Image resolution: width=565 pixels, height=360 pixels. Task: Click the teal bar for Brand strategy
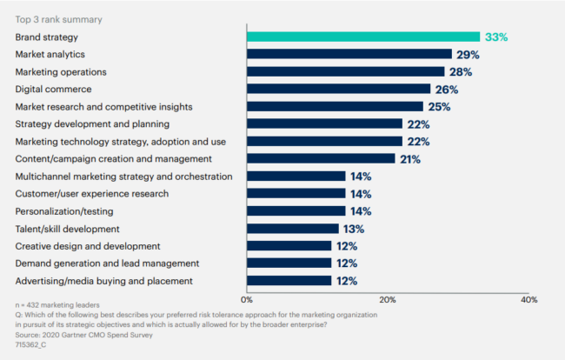[x=363, y=37]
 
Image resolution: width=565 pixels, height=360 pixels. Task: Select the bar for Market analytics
[x=349, y=54]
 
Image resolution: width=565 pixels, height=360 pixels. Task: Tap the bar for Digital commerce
[x=339, y=89]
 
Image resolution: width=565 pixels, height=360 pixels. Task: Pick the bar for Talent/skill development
[x=293, y=228]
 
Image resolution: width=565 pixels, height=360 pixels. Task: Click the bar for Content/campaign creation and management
[x=321, y=158]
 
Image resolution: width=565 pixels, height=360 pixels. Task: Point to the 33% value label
[x=496, y=37]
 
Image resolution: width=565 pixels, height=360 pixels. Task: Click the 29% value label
[x=468, y=54]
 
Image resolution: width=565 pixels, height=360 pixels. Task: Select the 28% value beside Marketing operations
[x=461, y=71]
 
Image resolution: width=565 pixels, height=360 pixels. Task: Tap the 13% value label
[x=355, y=228]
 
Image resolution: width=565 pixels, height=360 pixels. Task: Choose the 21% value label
[x=411, y=158]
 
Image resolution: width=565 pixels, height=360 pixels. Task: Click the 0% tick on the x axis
[x=248, y=299]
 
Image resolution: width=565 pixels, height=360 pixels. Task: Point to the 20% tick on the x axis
[x=388, y=299]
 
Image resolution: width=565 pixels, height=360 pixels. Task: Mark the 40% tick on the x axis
[x=528, y=299]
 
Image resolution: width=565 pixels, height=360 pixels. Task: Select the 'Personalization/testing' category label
[x=63, y=210]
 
